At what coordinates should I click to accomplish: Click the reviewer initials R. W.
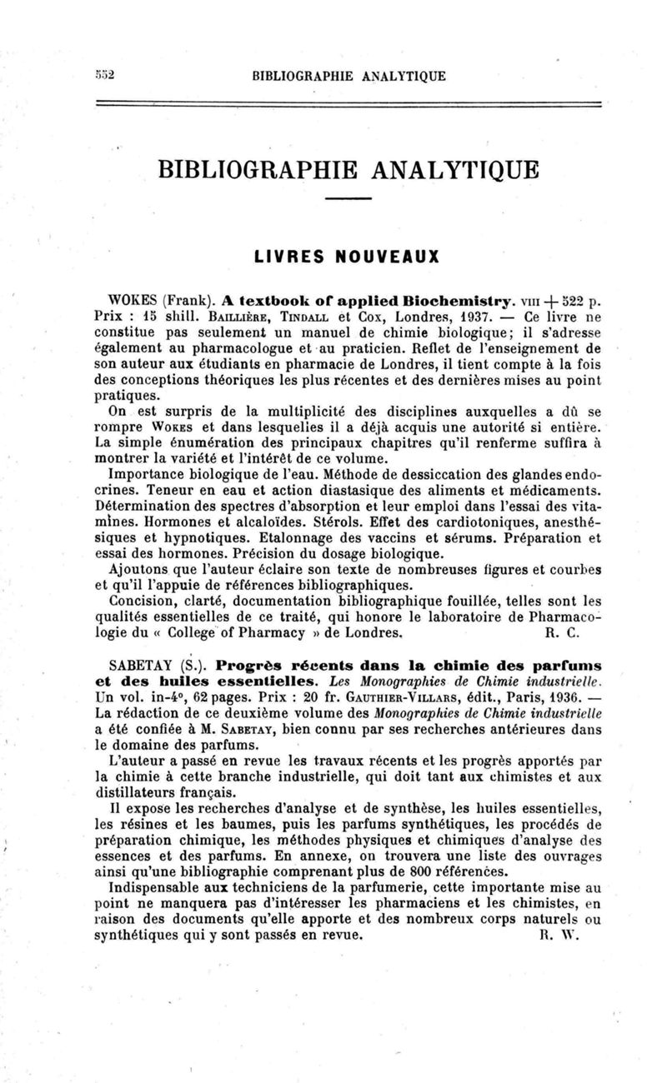click(x=554, y=934)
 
